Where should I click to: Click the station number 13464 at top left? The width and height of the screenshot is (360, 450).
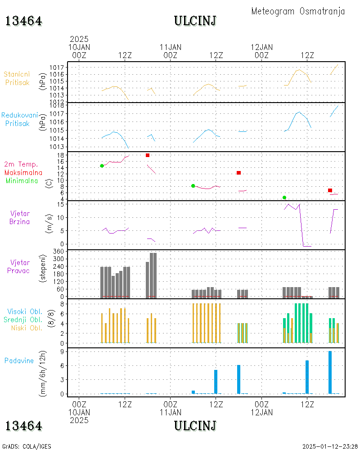tap(24, 21)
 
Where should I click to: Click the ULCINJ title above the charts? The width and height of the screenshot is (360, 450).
tap(195, 21)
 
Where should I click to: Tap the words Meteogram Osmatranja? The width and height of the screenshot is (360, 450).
tap(298, 11)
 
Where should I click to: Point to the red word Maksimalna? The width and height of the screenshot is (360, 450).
tap(23, 172)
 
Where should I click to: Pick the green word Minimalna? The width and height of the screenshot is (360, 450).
tap(22, 181)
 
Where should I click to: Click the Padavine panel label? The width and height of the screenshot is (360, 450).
tap(19, 360)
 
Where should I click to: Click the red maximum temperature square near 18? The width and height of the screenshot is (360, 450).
tap(148, 155)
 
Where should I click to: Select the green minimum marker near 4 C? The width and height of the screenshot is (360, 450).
tap(284, 198)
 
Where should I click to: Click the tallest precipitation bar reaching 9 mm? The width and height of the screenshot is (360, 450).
tap(330, 372)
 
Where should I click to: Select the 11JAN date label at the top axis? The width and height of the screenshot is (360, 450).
tap(171, 47)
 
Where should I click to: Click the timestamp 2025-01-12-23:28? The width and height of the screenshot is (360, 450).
tap(329, 446)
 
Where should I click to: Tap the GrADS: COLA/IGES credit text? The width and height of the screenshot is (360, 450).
tap(27, 446)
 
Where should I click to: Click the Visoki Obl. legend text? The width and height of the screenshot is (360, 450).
tap(25, 311)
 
